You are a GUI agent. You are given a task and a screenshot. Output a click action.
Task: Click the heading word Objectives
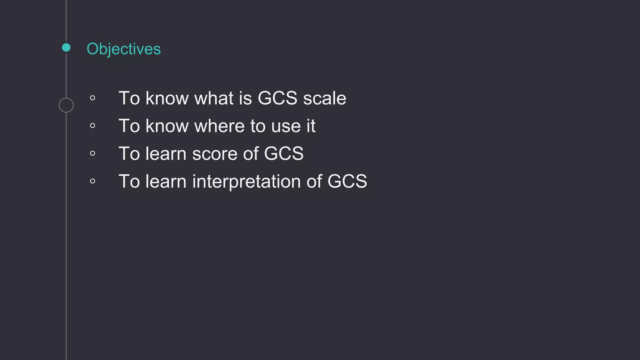click(x=123, y=49)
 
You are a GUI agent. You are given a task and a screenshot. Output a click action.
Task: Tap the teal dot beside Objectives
click(x=66, y=47)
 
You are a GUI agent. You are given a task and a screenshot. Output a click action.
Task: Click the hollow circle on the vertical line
click(x=66, y=105)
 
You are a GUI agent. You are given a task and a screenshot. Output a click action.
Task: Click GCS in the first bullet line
click(x=277, y=98)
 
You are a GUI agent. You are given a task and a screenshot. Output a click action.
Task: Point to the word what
click(x=214, y=98)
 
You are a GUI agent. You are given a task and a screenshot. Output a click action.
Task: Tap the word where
click(x=219, y=126)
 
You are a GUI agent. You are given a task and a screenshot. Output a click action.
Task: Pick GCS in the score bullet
click(x=284, y=154)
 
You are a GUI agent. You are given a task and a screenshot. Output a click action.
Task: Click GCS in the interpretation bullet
click(x=347, y=181)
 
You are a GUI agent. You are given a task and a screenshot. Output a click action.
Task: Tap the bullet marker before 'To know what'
click(x=92, y=98)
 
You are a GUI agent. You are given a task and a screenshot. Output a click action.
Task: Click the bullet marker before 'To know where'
click(x=92, y=126)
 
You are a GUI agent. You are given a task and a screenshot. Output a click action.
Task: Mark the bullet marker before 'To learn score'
click(x=92, y=153)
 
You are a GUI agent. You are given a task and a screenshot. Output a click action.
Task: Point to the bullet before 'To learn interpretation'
click(x=92, y=181)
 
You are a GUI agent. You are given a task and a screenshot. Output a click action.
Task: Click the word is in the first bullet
click(x=245, y=98)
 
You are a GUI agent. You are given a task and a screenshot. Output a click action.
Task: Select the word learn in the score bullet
click(x=166, y=154)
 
